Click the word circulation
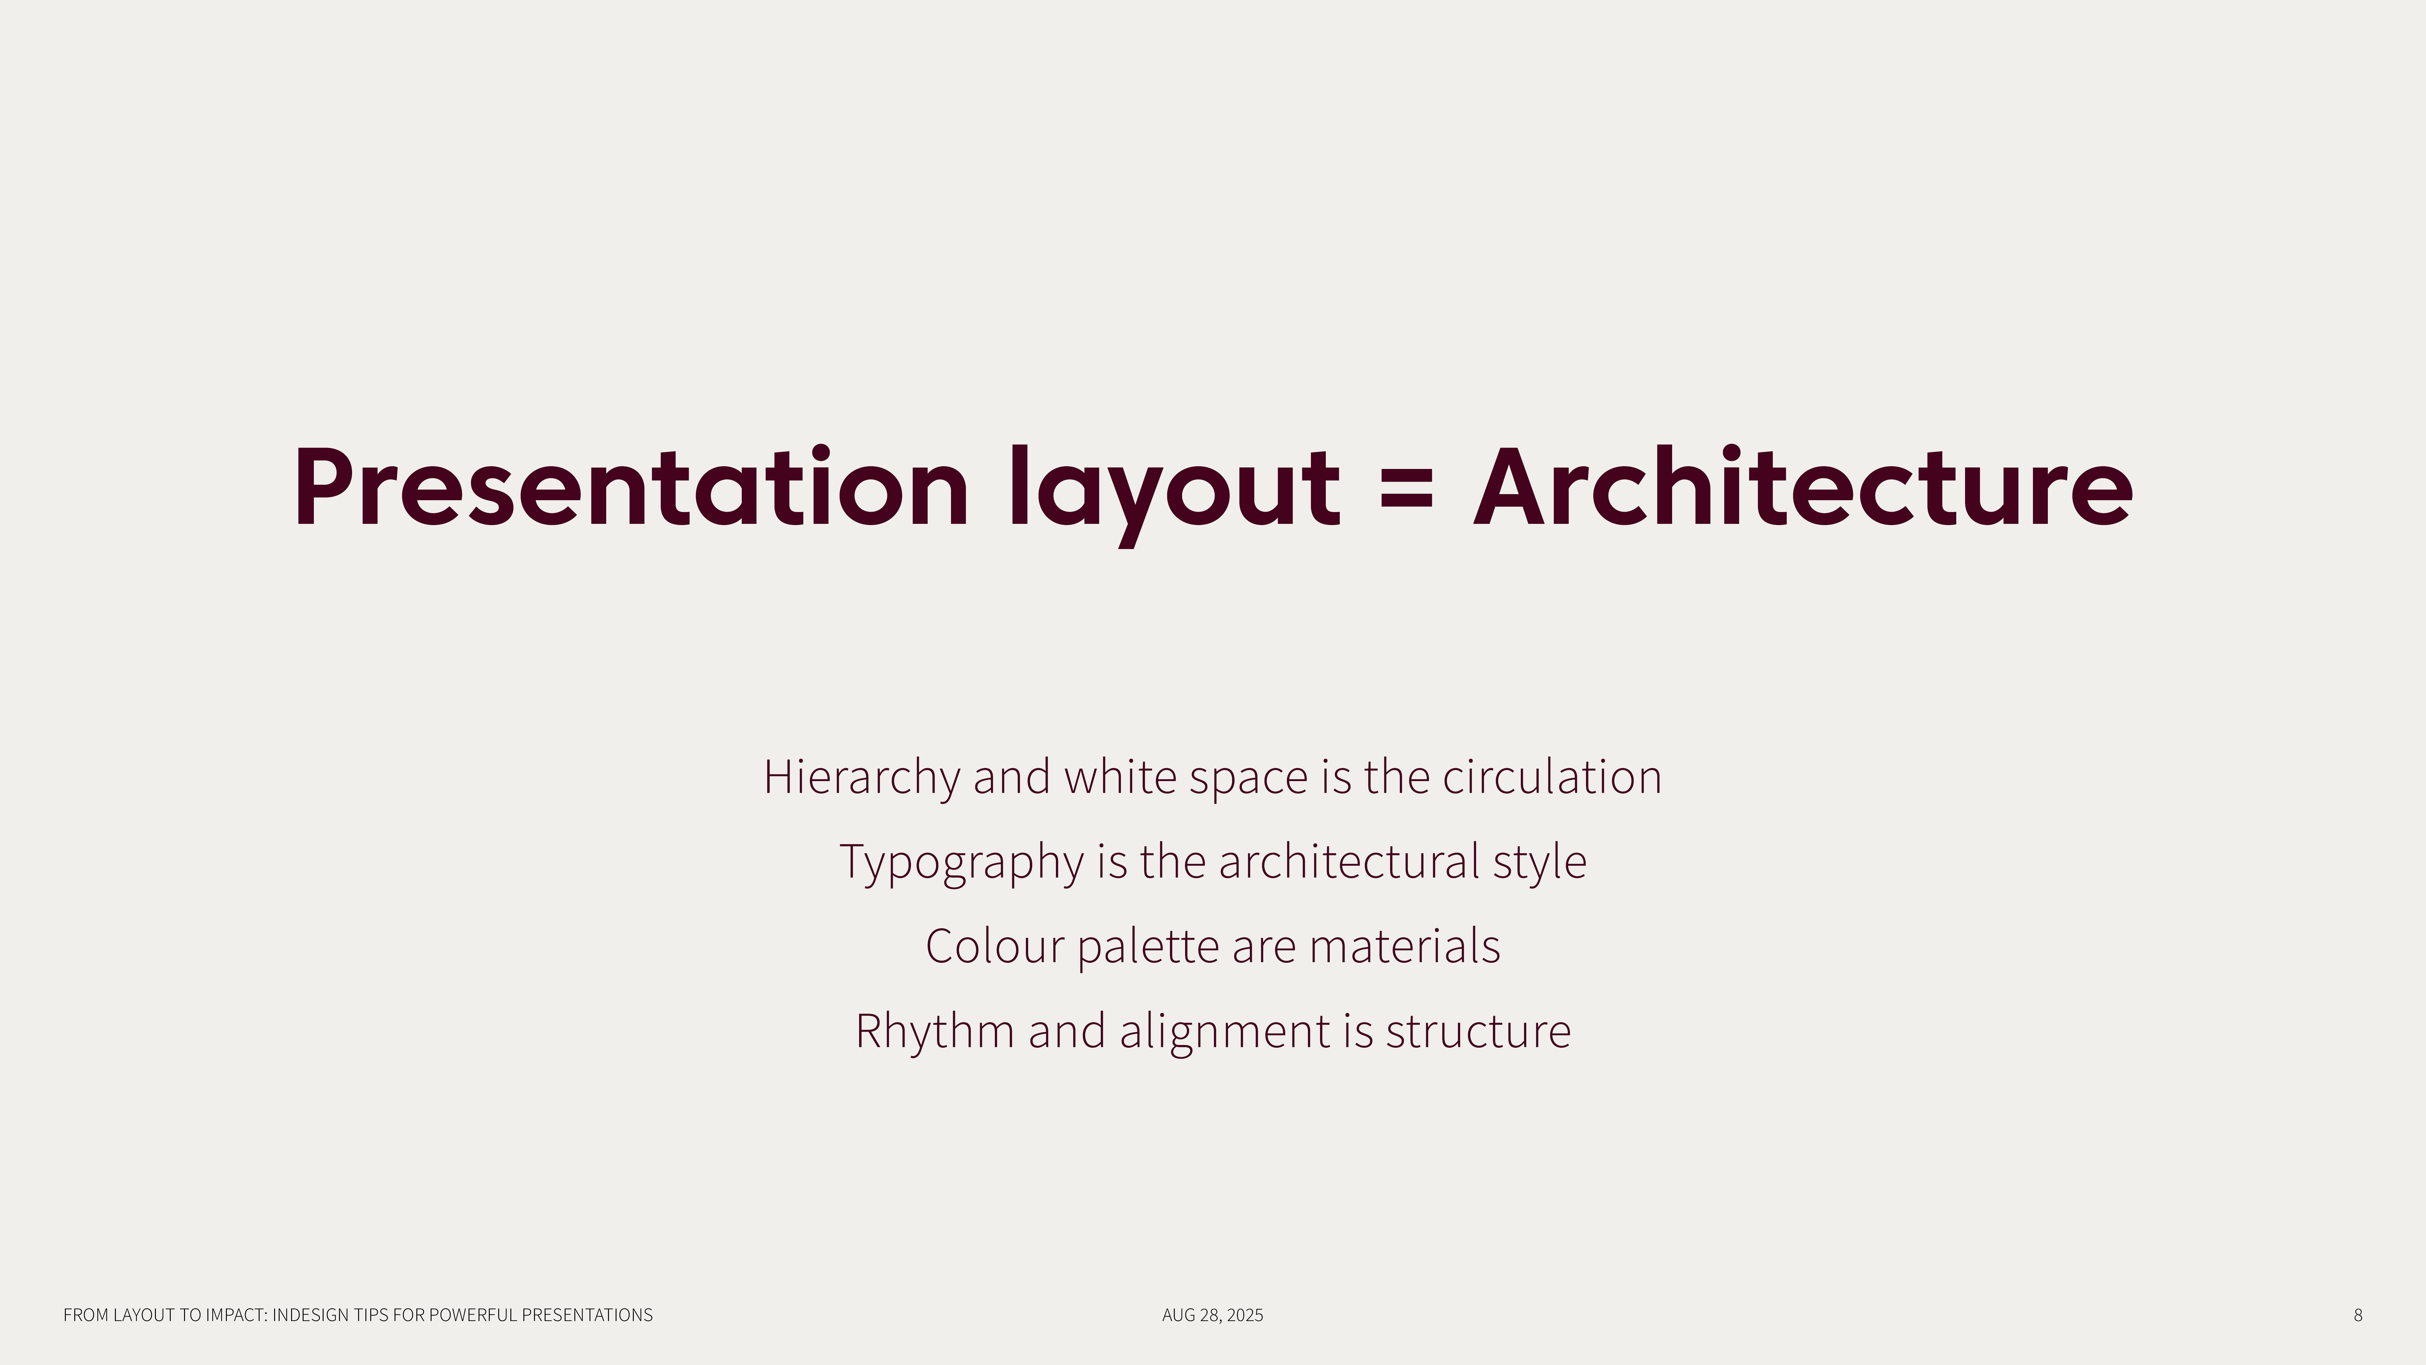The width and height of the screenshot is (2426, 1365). tap(1552, 778)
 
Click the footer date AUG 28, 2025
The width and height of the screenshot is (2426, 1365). tap(1213, 1315)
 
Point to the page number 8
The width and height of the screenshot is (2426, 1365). tap(2358, 1315)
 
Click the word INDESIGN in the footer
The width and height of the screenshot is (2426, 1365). tap(310, 1315)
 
